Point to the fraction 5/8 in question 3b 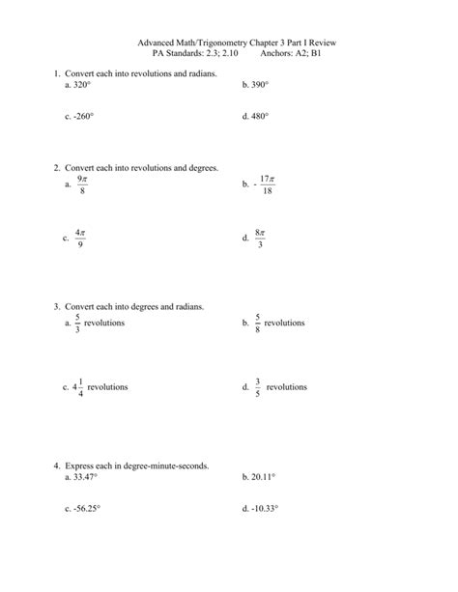point(258,323)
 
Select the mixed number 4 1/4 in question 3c point(78,386)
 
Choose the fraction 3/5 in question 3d point(258,386)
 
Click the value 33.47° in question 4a point(83,476)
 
